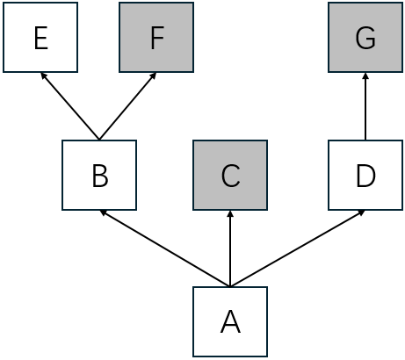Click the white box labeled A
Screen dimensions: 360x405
pos(230,321)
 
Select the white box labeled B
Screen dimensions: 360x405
pos(99,176)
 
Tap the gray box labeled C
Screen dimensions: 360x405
pos(230,176)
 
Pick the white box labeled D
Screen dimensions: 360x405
pos(365,176)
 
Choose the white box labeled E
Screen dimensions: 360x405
pos(40,38)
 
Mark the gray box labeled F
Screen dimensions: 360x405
pos(156,38)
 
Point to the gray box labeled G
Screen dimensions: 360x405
pos(365,38)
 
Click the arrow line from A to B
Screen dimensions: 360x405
pos(165,248)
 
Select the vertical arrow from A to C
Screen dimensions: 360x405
pos(230,249)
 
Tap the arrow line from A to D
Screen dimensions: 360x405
pos(298,248)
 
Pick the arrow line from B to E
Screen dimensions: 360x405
pos(70,106)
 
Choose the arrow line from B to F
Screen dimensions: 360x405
pos(127,106)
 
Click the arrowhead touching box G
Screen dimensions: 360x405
pos(365,76)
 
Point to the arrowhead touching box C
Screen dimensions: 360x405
pos(230,213)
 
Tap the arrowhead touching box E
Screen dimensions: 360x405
pos(43,76)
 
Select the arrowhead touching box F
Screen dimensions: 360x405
pos(154,76)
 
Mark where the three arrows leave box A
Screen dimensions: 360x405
pos(230,286)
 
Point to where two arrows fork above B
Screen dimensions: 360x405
pos(99,139)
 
